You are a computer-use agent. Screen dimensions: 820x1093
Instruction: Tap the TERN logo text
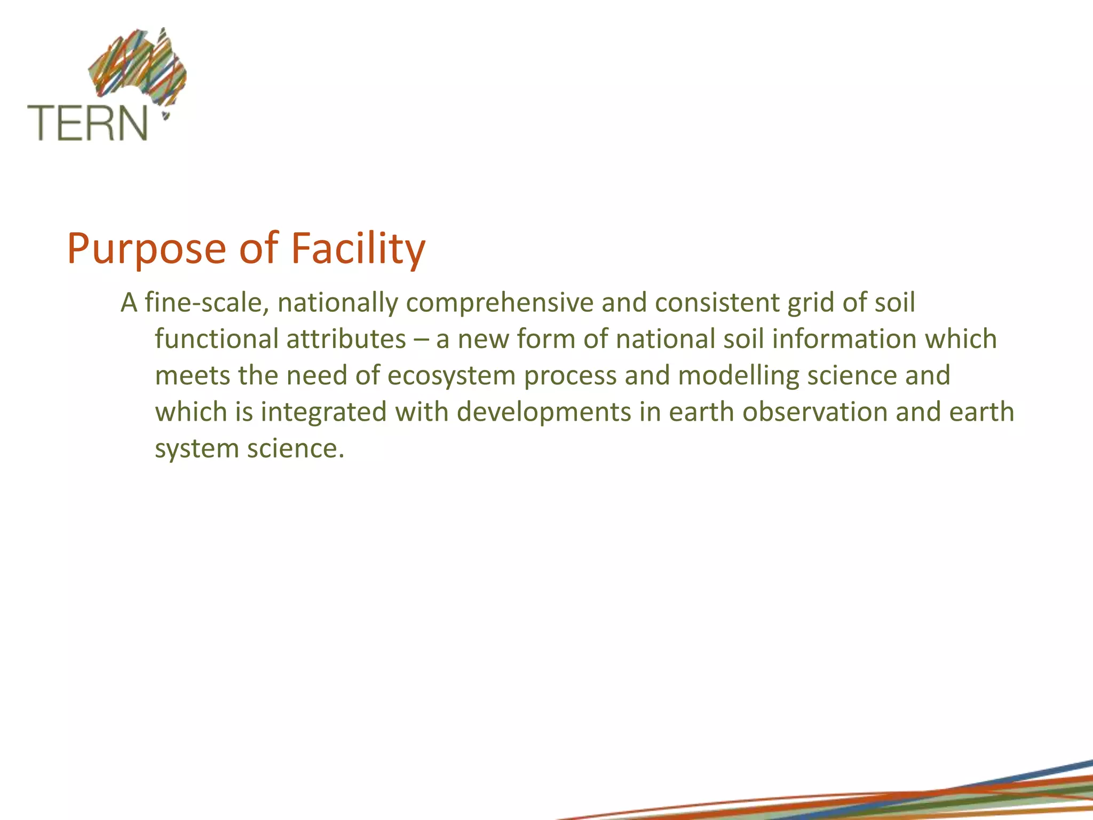tap(88, 123)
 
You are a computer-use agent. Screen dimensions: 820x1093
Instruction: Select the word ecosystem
tap(451, 375)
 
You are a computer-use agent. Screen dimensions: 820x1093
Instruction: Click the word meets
tap(192, 375)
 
